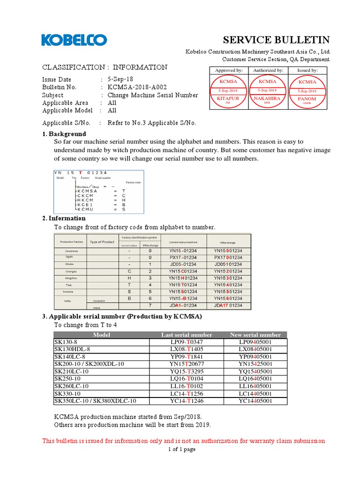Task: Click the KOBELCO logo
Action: [x=74, y=40]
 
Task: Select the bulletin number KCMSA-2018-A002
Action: [x=137, y=87]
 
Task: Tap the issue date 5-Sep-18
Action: [x=121, y=79]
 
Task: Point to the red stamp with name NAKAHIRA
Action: [x=268, y=90]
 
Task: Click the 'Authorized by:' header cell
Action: [x=268, y=70]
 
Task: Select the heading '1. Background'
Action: [x=64, y=134]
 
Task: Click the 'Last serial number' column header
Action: [x=187, y=335]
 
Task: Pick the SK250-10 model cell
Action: [x=67, y=378]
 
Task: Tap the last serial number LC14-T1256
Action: [x=187, y=393]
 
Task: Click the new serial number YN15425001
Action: [x=255, y=363]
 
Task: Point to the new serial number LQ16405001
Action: [x=255, y=378]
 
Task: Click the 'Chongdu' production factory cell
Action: [x=72, y=271]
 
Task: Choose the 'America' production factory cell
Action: [x=72, y=292]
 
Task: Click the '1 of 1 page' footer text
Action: [x=182, y=449]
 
